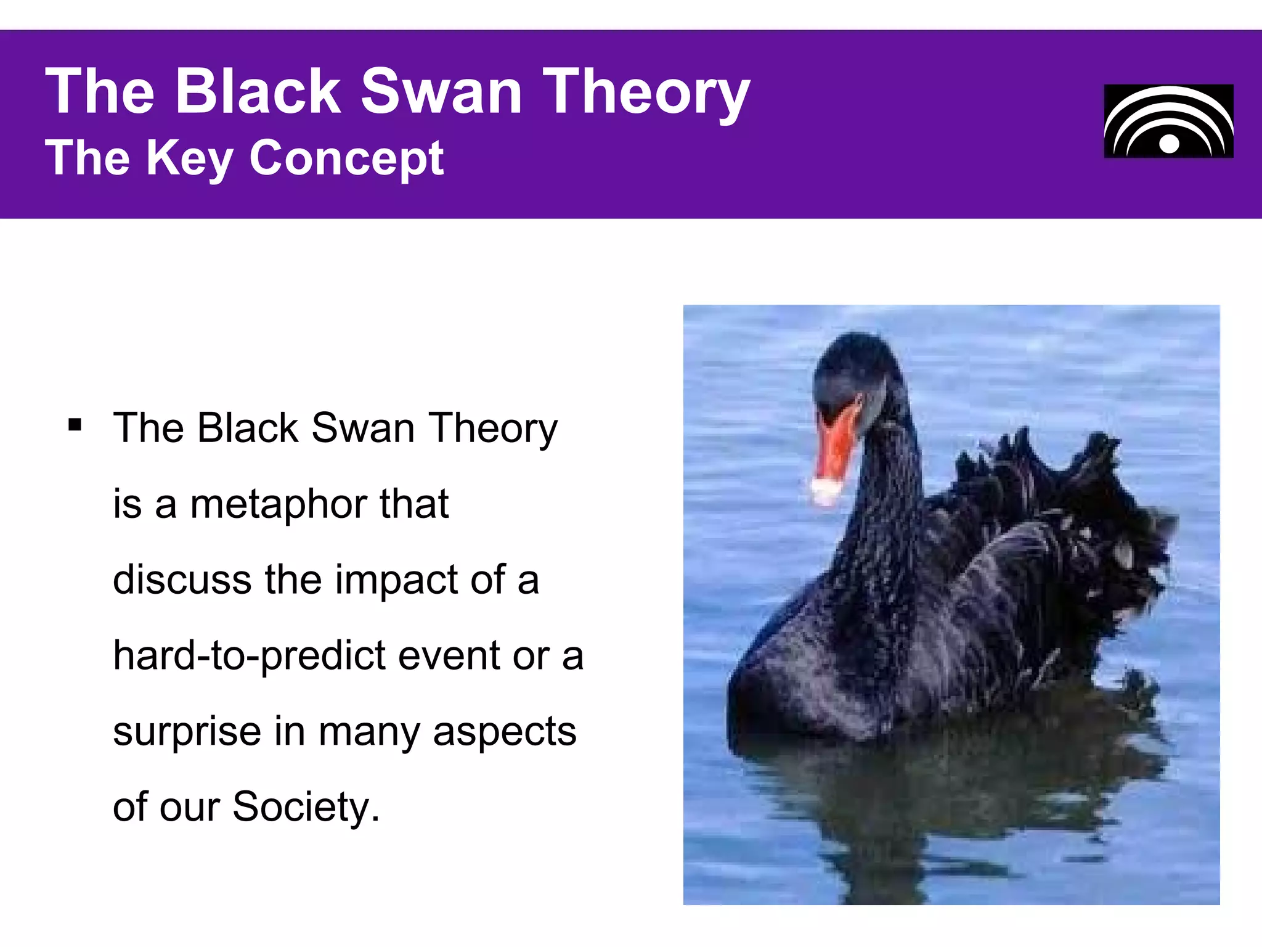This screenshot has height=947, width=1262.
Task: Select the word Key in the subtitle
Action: coord(190,158)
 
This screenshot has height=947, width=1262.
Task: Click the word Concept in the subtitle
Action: coord(346,158)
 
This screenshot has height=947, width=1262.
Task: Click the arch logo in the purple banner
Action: coord(1168,121)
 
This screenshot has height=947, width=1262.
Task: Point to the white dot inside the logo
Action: coord(1169,144)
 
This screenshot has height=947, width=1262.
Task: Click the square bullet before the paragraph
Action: coord(75,425)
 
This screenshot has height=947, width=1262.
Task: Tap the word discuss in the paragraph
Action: coord(182,580)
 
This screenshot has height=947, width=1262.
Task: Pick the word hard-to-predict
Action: coord(249,655)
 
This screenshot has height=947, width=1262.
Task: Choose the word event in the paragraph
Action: coord(449,655)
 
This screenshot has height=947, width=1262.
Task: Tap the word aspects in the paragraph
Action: coord(504,732)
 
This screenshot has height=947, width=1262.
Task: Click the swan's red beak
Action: coord(837,444)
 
